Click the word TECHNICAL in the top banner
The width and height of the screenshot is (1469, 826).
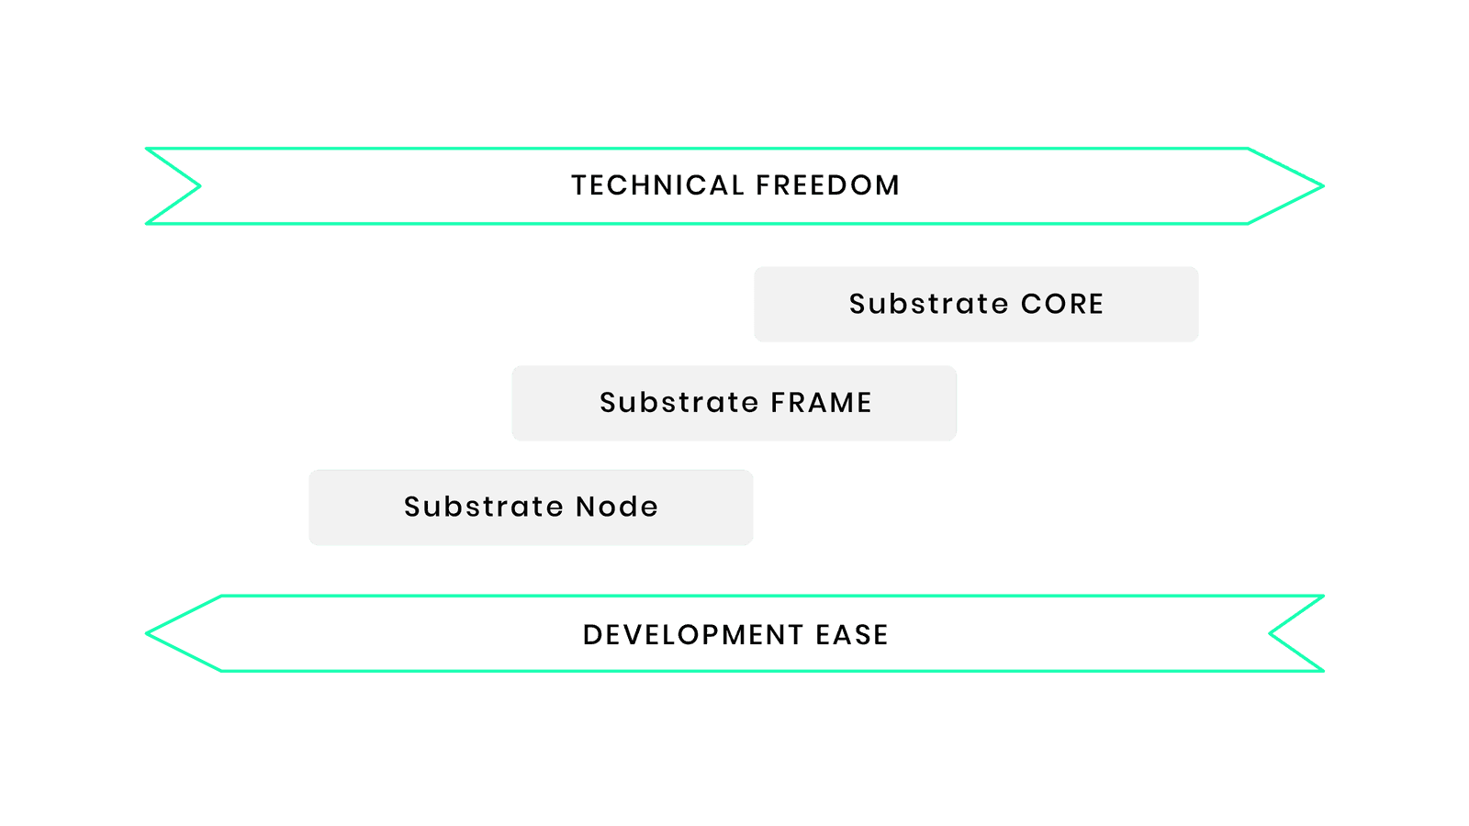pyautogui.click(x=657, y=185)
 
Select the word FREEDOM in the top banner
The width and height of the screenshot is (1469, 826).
pyautogui.click(x=827, y=185)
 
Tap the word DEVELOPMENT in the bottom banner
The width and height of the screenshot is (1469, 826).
pyautogui.click(x=693, y=634)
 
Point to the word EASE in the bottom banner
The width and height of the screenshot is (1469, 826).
pyautogui.click(x=852, y=634)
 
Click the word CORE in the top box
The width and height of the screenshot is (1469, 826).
pyautogui.click(x=1062, y=304)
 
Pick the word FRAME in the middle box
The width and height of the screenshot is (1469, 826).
pyautogui.click(x=821, y=403)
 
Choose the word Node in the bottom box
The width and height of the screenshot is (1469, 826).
pyautogui.click(x=617, y=507)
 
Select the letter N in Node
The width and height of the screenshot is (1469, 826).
pyautogui.click(x=585, y=507)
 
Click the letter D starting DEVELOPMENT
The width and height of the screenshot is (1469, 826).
pyautogui.click(x=592, y=634)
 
